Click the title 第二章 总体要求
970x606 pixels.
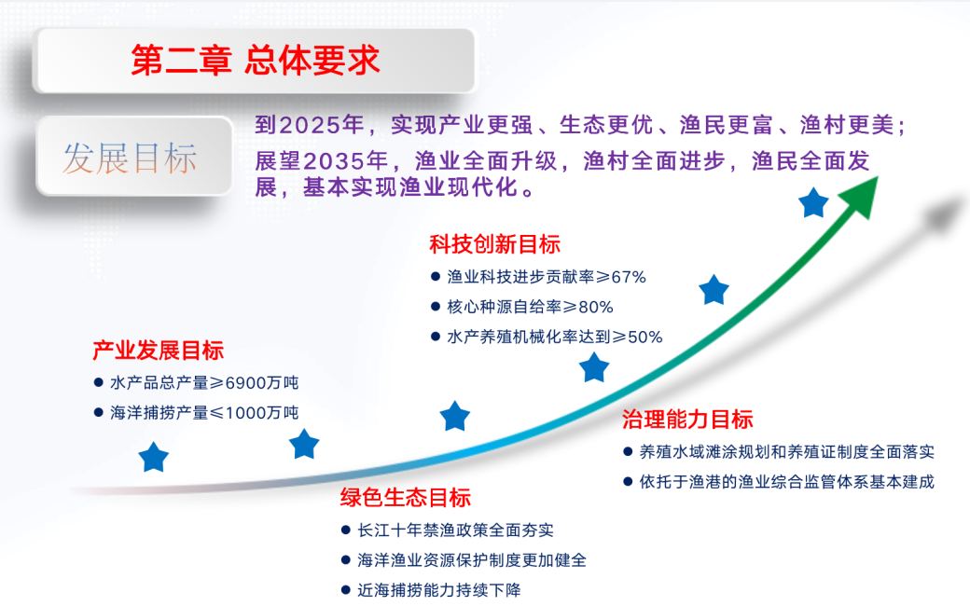255,61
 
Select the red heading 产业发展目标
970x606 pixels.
158,351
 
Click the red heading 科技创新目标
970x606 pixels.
494,245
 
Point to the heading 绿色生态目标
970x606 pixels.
405,498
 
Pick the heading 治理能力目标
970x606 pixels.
687,420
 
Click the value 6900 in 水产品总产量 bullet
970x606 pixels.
245,383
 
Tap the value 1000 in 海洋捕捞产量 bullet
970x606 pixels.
245,412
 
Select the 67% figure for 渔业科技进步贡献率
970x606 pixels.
629,277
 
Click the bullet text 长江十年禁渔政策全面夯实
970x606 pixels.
455,530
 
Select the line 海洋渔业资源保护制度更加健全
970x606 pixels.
472,560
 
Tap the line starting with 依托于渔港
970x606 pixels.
786,482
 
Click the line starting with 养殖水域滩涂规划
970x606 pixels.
786,452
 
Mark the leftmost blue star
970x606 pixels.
154,458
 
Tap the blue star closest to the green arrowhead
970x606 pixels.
814,202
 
